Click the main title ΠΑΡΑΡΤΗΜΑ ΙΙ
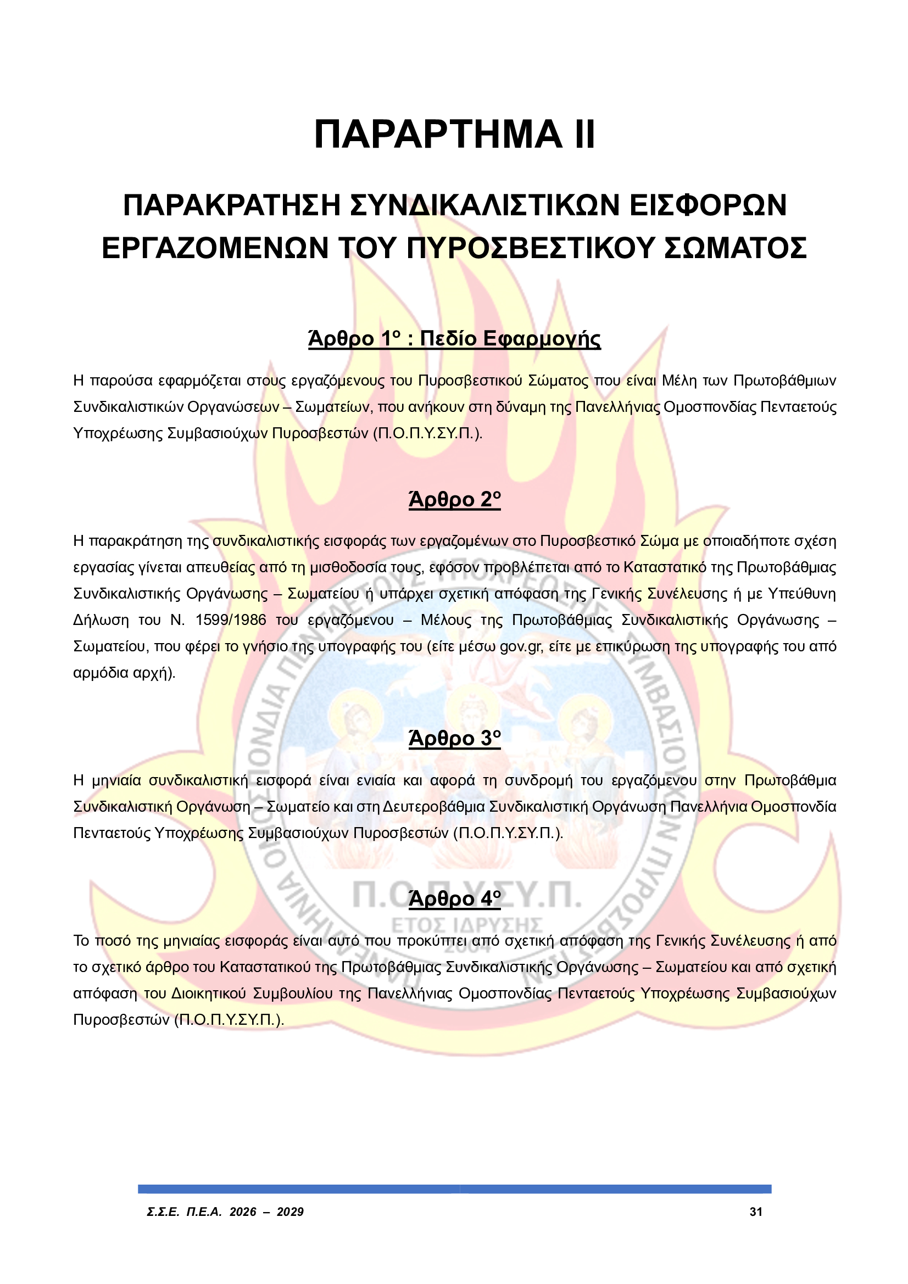(x=454, y=135)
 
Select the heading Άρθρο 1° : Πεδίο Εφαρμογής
(x=454, y=339)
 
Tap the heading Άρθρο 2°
(x=454, y=499)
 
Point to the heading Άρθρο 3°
(x=454, y=739)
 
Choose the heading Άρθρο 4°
(x=454, y=898)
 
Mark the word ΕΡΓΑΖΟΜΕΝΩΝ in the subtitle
(x=215, y=248)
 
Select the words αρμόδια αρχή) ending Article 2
(x=124, y=673)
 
